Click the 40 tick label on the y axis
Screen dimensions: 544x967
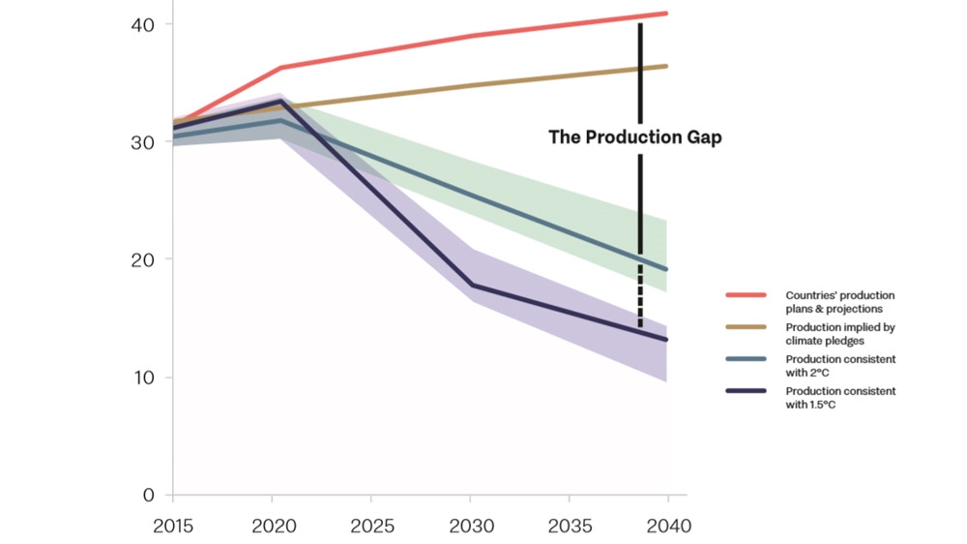(x=142, y=23)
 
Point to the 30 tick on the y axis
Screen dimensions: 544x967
(x=142, y=141)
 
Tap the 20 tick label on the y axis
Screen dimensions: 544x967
(x=142, y=259)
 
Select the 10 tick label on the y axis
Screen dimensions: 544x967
(x=142, y=378)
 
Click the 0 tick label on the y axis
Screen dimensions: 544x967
(x=148, y=496)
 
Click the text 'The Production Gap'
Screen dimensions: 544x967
(x=635, y=137)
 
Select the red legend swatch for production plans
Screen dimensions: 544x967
(x=746, y=294)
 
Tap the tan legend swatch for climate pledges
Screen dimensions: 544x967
(x=746, y=327)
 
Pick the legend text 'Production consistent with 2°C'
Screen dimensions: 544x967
(x=839, y=365)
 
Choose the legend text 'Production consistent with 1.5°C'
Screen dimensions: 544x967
(x=839, y=398)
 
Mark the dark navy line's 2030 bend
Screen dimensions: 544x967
(x=470, y=286)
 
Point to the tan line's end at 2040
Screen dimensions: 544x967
(x=666, y=66)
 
